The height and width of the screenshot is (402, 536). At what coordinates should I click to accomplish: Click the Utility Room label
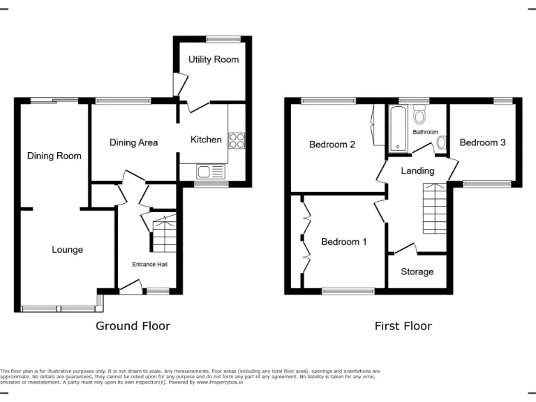point(214,60)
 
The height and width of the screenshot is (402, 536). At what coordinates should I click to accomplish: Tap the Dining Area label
point(133,142)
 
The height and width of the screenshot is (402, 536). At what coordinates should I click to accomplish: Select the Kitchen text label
point(206,140)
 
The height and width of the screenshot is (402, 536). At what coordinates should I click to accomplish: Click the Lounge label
point(67,250)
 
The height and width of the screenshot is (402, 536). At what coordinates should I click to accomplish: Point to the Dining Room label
point(54,156)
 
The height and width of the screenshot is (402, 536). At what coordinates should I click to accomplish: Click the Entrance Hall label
point(150,265)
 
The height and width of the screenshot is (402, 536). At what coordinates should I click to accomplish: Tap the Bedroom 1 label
point(344,242)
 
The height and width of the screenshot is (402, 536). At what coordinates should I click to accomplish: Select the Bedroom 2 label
point(332,144)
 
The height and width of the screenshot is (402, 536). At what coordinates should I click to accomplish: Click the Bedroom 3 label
point(482,142)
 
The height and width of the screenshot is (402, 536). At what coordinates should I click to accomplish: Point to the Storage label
point(417,271)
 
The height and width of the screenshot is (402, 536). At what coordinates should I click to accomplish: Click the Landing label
point(417,171)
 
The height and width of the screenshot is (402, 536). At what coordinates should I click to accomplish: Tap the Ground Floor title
point(133,326)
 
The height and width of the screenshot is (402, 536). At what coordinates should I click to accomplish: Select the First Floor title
point(403,326)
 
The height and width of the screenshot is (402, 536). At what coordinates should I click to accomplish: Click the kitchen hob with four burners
point(237,141)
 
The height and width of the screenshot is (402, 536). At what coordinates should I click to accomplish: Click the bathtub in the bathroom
point(398,129)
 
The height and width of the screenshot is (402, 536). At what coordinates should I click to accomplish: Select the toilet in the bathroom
point(419,114)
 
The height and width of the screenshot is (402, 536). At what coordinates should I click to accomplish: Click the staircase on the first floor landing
point(434,208)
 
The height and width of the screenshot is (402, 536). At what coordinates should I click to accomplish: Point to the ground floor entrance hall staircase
point(164,234)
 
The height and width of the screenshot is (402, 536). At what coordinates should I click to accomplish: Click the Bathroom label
point(425,132)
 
